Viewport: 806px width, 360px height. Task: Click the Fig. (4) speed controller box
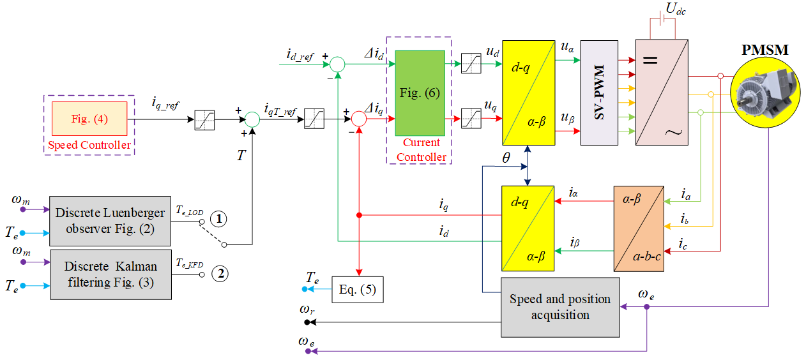[x=89, y=119]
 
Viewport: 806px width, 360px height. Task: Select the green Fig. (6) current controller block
[x=420, y=93]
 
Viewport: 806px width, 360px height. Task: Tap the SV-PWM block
[x=599, y=93]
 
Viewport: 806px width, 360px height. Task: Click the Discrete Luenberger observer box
[x=110, y=221]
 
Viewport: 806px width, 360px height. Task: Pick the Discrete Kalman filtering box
[x=110, y=274]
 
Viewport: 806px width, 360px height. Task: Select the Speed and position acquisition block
[x=559, y=307]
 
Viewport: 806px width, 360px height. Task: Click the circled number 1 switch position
[x=218, y=219]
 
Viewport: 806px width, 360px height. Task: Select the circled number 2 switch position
[x=219, y=274]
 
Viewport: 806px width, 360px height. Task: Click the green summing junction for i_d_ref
[x=337, y=64]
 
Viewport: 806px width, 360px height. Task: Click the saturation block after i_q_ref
[x=204, y=119]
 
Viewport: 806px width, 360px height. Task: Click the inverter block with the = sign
[x=662, y=93]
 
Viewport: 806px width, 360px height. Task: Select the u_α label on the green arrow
[x=566, y=47]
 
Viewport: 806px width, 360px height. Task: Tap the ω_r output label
[x=307, y=310]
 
